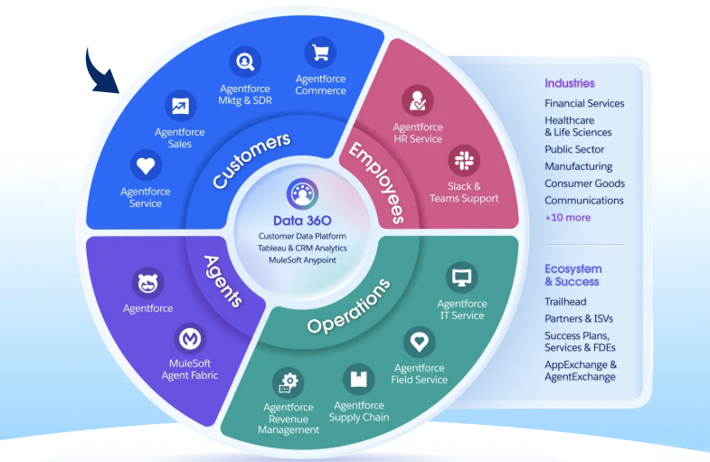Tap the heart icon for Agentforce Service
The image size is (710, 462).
[146, 165]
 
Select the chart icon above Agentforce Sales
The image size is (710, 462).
[180, 106]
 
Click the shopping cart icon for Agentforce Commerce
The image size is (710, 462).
[320, 52]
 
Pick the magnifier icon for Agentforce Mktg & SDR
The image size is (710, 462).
[244, 62]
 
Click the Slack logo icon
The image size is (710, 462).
[465, 162]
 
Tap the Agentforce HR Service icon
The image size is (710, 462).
[418, 100]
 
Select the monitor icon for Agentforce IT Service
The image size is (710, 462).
[462, 277]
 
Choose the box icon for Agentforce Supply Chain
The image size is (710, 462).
[359, 378]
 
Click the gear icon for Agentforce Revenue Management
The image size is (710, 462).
[290, 381]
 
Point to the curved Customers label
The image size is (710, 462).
[251, 160]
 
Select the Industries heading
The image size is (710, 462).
[569, 83]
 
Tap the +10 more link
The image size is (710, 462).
[567, 217]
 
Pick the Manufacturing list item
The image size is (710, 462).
[578, 166]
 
